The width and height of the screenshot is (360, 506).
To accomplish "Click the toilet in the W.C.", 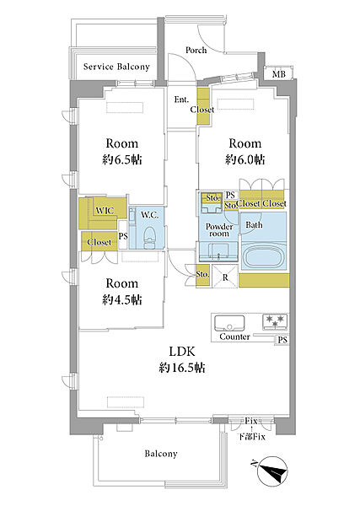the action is point(149,237).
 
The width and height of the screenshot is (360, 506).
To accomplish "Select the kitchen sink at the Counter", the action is point(229,323).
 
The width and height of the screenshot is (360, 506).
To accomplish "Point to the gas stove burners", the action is point(275,321).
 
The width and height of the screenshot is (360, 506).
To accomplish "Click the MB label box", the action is point(279,74).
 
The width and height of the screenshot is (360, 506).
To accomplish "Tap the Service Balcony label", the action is point(116,67).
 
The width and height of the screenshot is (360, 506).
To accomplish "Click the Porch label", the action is point(196,51).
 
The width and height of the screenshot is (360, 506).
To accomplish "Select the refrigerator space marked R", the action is point(225,277).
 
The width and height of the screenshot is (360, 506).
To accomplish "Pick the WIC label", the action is point(105,211).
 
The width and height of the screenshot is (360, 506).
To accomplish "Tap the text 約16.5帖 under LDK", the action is point(182,368).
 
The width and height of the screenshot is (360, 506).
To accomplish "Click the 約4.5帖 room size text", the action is point(122,299).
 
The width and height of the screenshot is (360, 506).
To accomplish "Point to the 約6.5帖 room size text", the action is point(122,159).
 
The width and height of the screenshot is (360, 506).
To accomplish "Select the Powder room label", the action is point(219,229).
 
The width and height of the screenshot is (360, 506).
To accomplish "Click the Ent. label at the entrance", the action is point(181,100).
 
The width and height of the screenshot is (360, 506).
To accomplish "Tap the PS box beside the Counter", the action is point(282,340).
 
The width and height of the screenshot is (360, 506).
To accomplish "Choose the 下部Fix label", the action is point(252,437).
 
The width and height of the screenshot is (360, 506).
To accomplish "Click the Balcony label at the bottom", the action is point(161,454).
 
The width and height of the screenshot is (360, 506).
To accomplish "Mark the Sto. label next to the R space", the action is point(202,274).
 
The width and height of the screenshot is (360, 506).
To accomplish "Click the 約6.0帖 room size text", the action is point(244,159).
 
